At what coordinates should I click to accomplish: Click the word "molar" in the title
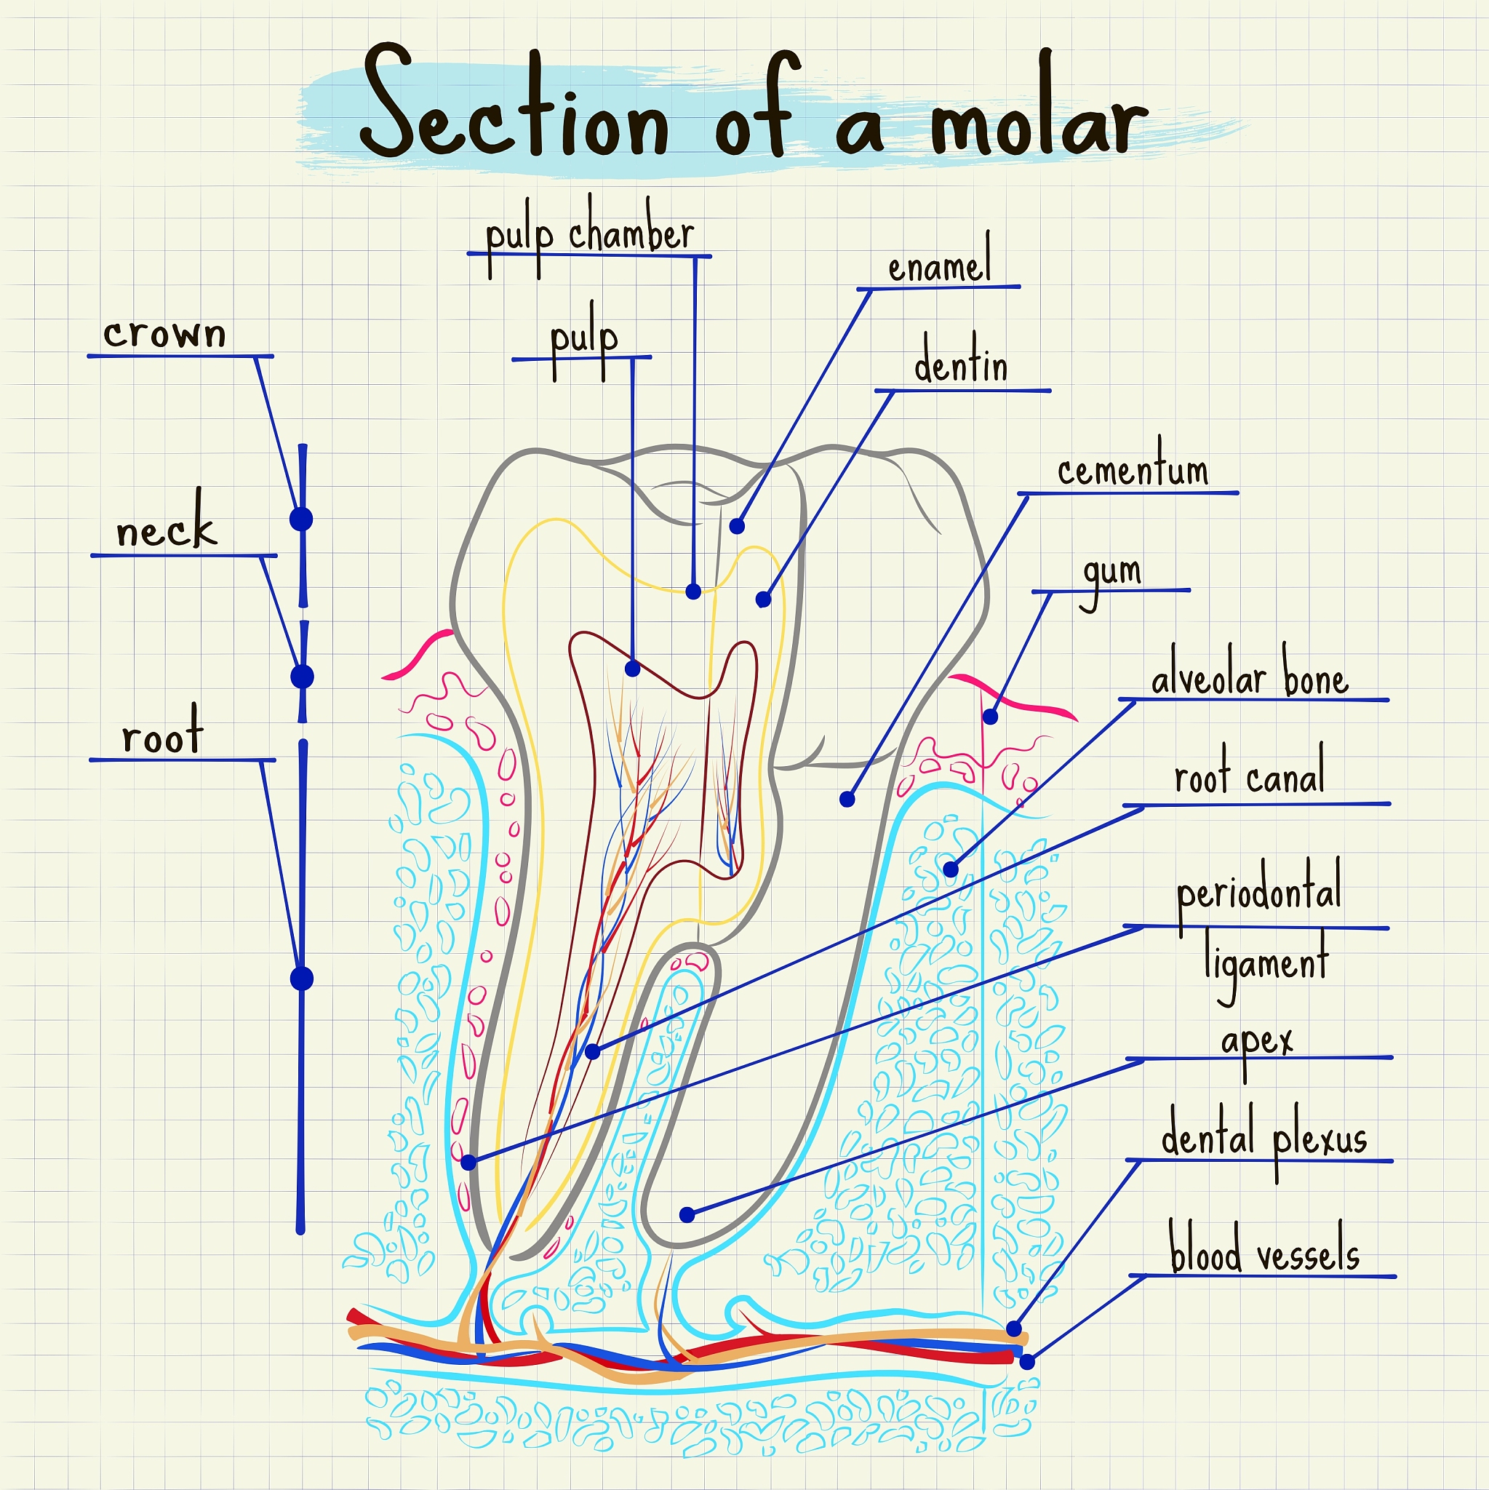click(x=1038, y=116)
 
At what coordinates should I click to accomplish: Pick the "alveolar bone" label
click(x=1249, y=679)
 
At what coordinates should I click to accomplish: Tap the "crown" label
click(x=164, y=334)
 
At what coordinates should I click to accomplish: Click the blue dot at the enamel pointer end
click(x=736, y=526)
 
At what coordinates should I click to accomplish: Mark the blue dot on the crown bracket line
click(x=301, y=519)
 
